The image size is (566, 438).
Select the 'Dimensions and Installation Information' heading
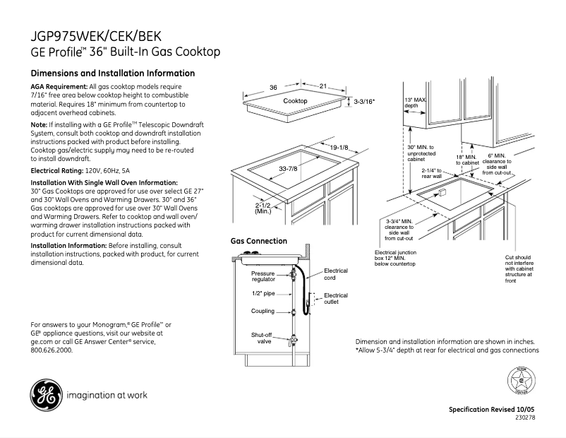tap(113, 73)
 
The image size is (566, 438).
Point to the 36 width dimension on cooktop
tap(272, 88)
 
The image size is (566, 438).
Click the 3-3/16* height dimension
tap(364, 102)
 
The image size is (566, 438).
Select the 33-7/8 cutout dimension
tap(287, 169)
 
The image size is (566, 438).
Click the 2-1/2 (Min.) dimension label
tap(263, 208)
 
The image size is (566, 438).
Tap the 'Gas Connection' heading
tap(259, 241)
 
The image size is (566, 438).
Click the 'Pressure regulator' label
tap(263, 276)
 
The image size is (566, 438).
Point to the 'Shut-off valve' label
tap(263, 338)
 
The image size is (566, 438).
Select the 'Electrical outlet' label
tap(336, 299)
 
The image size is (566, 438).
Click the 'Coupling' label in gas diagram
tap(263, 311)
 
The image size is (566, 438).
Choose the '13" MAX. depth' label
tap(415, 103)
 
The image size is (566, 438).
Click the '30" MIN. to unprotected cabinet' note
tap(421, 153)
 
